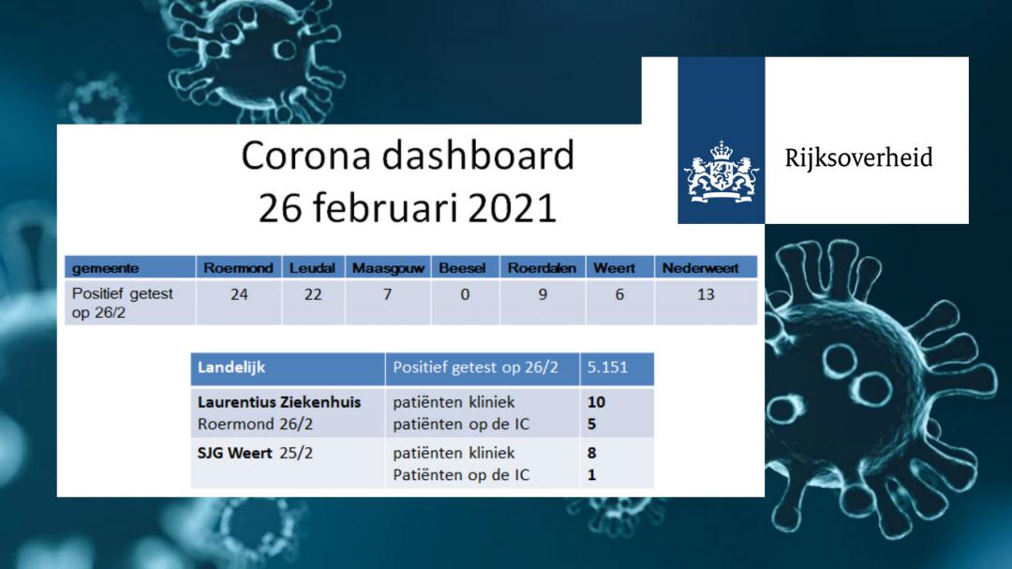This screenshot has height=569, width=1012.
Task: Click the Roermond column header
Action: pos(238,268)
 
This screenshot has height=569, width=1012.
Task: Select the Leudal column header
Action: pos(312,268)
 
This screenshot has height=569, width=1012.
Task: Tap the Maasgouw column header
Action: pos(388,268)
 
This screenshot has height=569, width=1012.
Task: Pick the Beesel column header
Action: pos(462,268)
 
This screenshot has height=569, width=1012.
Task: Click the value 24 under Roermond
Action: pos(239,294)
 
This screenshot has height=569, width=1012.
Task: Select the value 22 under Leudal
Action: pos(313,294)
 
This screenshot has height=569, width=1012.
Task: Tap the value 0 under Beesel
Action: pos(465,294)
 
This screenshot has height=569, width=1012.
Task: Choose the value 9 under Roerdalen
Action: pos(543,294)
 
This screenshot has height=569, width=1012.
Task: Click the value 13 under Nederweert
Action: pos(706,294)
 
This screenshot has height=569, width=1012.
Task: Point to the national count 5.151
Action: pos(607,367)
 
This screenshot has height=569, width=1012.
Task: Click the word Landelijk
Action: pos(231,367)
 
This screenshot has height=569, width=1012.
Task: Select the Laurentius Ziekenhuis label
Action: pos(279,402)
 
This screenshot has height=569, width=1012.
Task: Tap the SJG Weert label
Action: pos(234,453)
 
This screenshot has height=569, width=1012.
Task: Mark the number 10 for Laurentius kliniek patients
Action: pos(596,402)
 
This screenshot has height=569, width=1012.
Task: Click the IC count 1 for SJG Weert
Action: pos(592,474)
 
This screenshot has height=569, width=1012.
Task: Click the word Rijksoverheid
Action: pos(858,157)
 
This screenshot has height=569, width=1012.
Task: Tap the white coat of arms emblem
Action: pos(722,172)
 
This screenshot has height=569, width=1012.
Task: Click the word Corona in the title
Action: pos(305,156)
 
